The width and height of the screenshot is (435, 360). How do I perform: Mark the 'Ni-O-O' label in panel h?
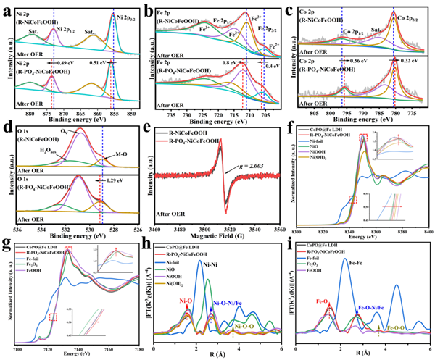click(x=249, y=327)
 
